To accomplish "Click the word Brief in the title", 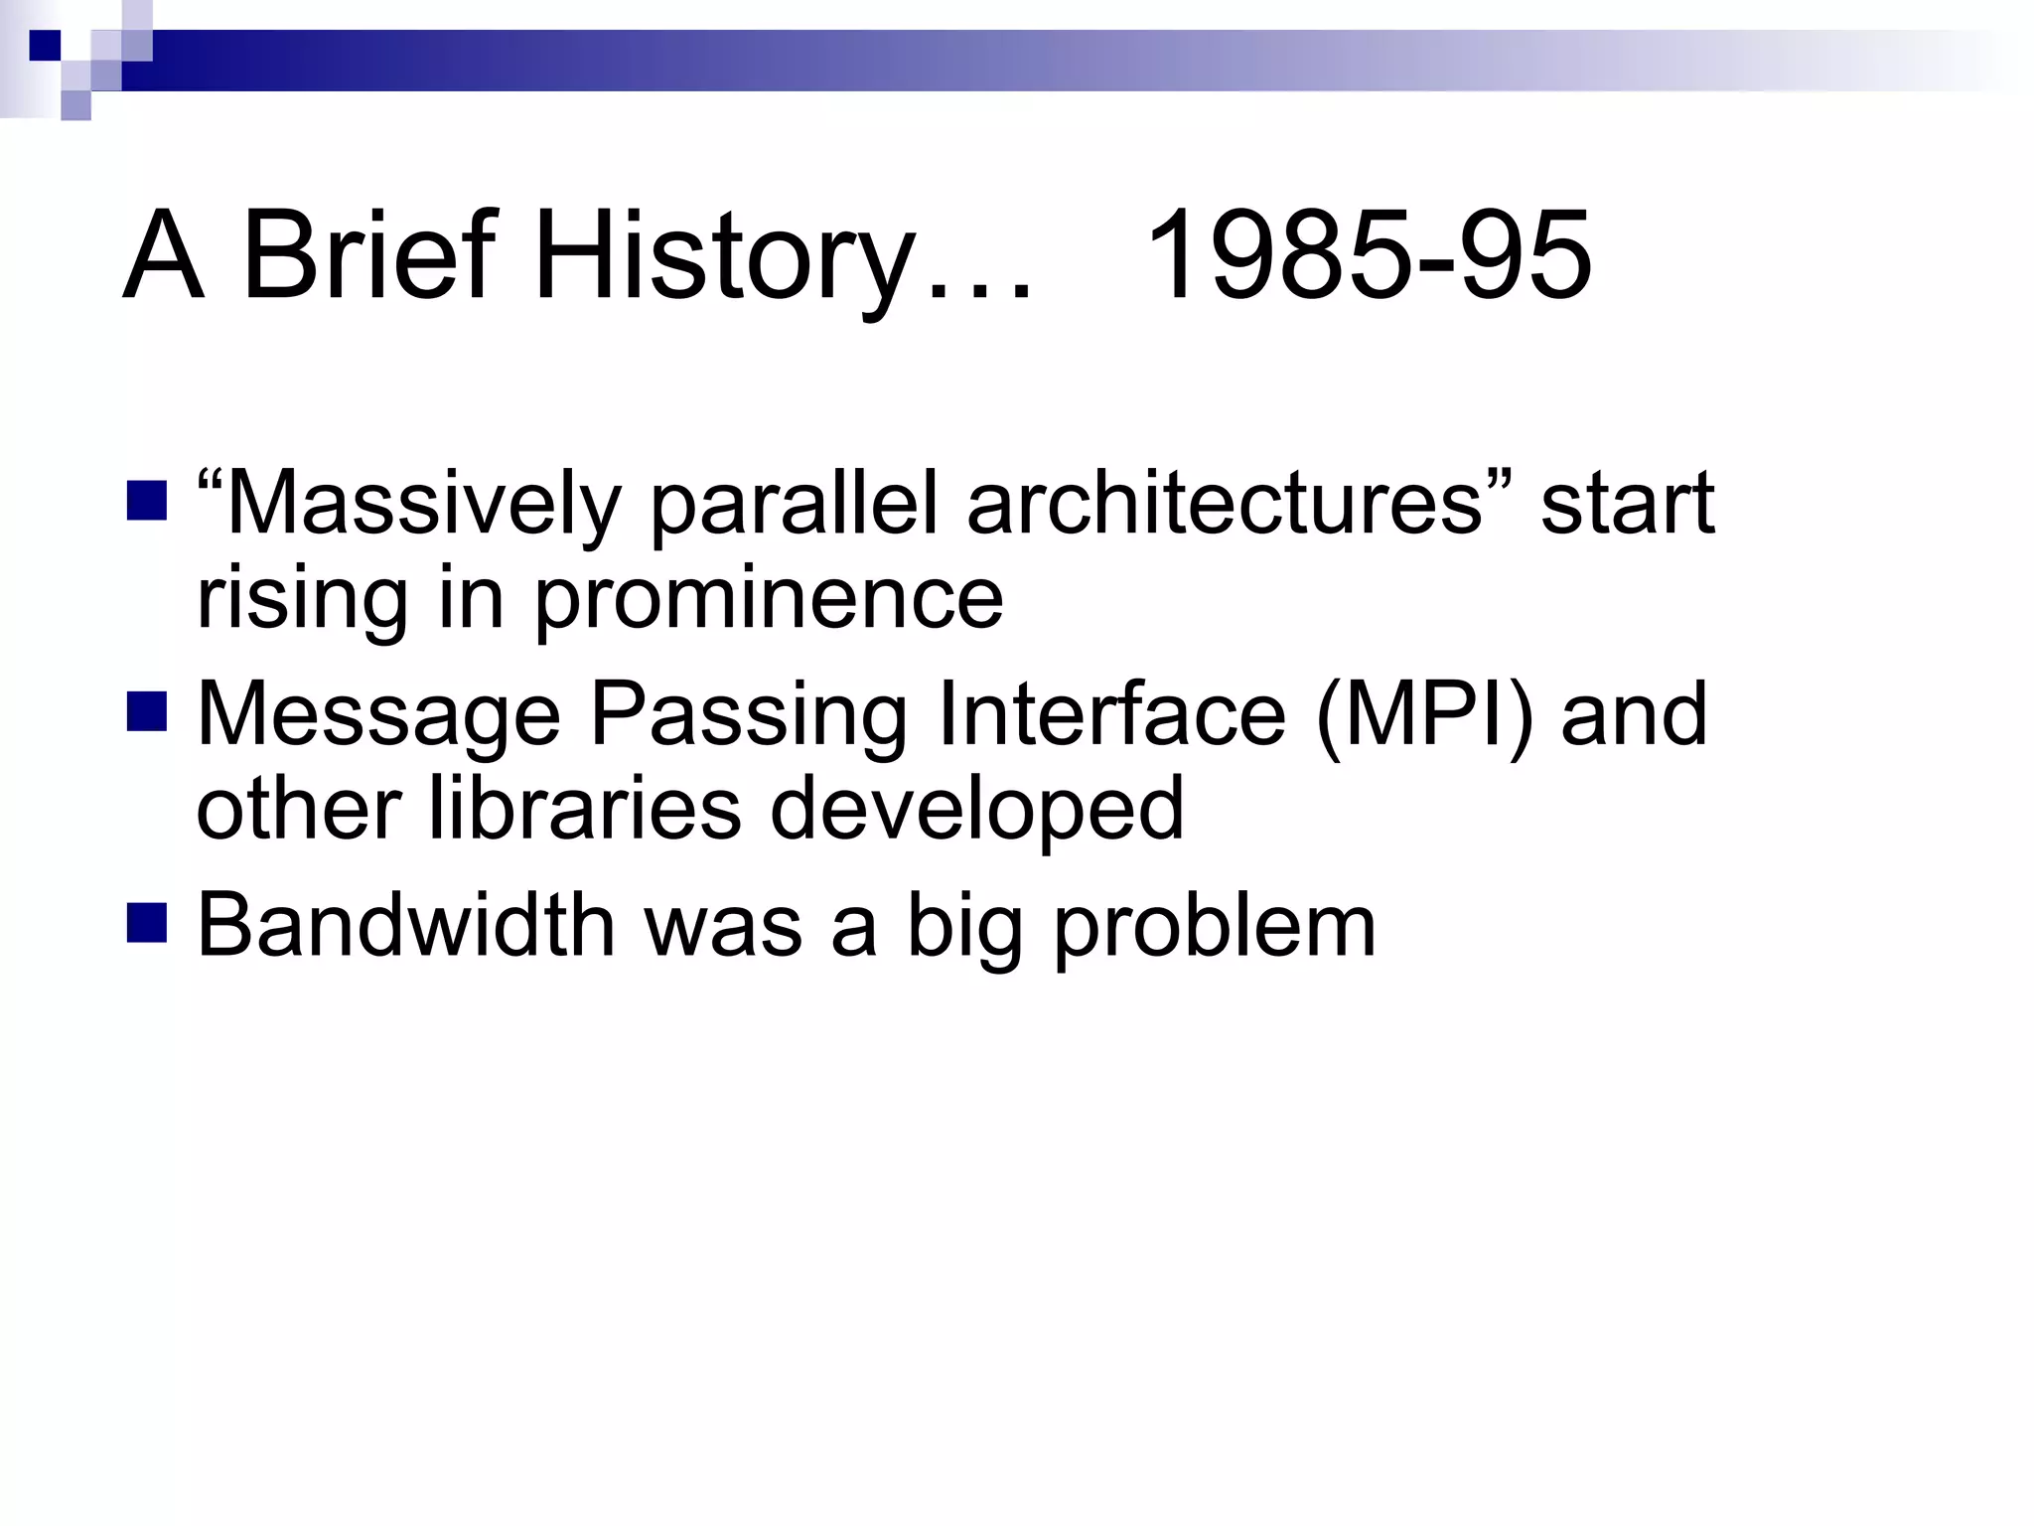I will [367, 256].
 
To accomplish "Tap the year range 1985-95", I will [1369, 256].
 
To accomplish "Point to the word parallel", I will [794, 505].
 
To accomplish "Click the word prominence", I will [769, 600].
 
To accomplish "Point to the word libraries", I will [585, 808].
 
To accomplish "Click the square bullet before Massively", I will [147, 501].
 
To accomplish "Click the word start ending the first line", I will [1627, 505].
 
